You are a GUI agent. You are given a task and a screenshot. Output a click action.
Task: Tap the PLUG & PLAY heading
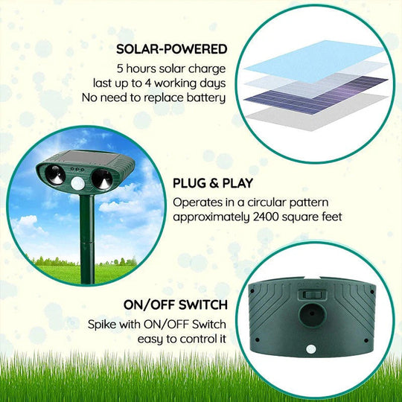click(213, 183)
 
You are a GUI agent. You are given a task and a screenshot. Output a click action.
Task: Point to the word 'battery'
click(207, 96)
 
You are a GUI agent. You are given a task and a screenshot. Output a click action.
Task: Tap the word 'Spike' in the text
click(103, 325)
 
